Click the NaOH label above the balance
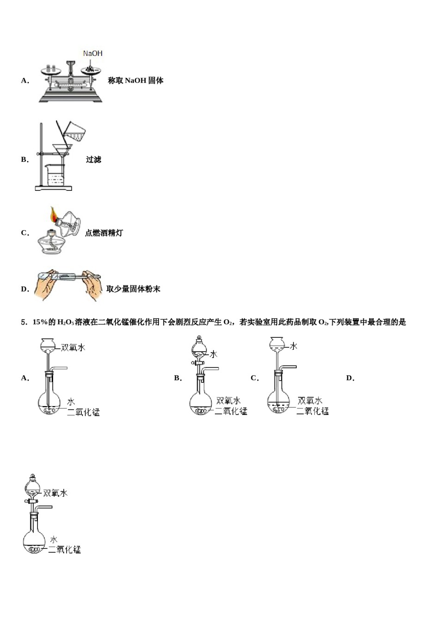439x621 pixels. (92, 54)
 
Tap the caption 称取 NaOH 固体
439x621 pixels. (135, 80)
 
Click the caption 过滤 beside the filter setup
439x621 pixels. (93, 159)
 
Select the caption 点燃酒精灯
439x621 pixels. (104, 233)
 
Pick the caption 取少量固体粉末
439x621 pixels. (133, 289)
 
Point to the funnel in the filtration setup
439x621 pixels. (62, 150)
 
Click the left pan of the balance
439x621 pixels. (51, 70)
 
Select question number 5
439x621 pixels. (24, 322)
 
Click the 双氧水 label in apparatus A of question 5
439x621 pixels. (73, 347)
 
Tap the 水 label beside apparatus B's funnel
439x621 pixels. (213, 354)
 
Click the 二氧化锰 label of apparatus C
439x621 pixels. (312, 411)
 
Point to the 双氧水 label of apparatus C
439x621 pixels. (310, 401)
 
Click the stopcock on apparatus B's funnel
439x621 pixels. (199, 364)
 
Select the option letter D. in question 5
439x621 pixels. (350, 378)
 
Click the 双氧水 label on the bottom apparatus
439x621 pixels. (55, 493)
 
